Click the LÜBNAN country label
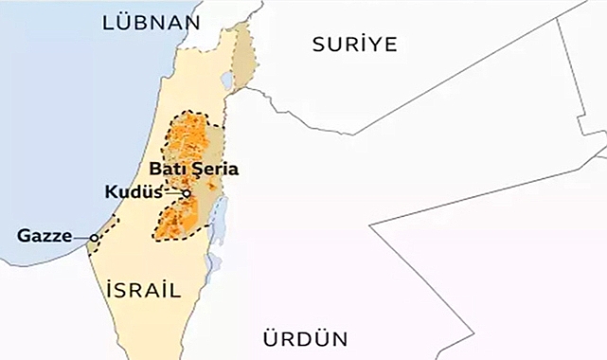tap(152, 21)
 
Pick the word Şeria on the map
tap(215, 169)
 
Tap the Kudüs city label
tap(129, 192)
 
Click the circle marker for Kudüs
tap(187, 193)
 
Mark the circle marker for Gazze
tap(95, 238)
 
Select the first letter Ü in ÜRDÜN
tap(268, 338)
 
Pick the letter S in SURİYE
tap(318, 44)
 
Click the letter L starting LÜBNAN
tap(109, 21)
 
